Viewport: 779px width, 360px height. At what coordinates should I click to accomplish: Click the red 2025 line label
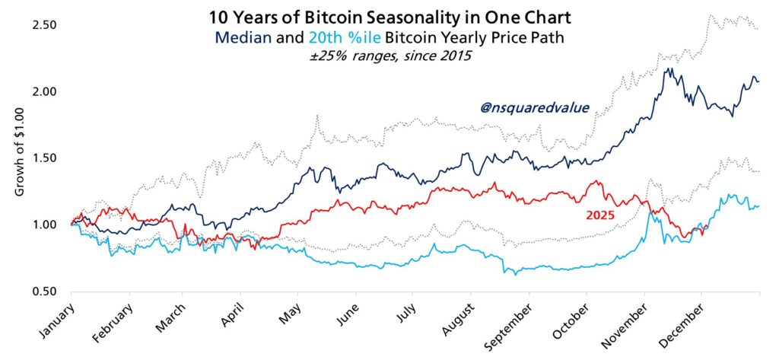[599, 215]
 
